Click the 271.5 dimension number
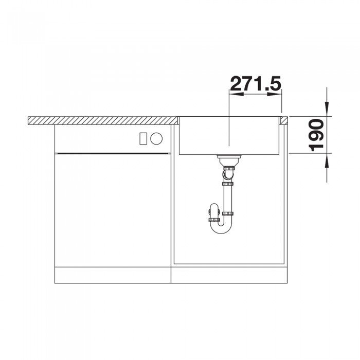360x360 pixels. click(256, 84)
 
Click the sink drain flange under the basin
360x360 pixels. click(227, 156)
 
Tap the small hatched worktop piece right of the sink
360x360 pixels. click(284, 120)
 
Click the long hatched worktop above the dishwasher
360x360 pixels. click(100, 120)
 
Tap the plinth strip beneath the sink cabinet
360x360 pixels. click(229, 276)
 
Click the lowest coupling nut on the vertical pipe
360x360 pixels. click(227, 214)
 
